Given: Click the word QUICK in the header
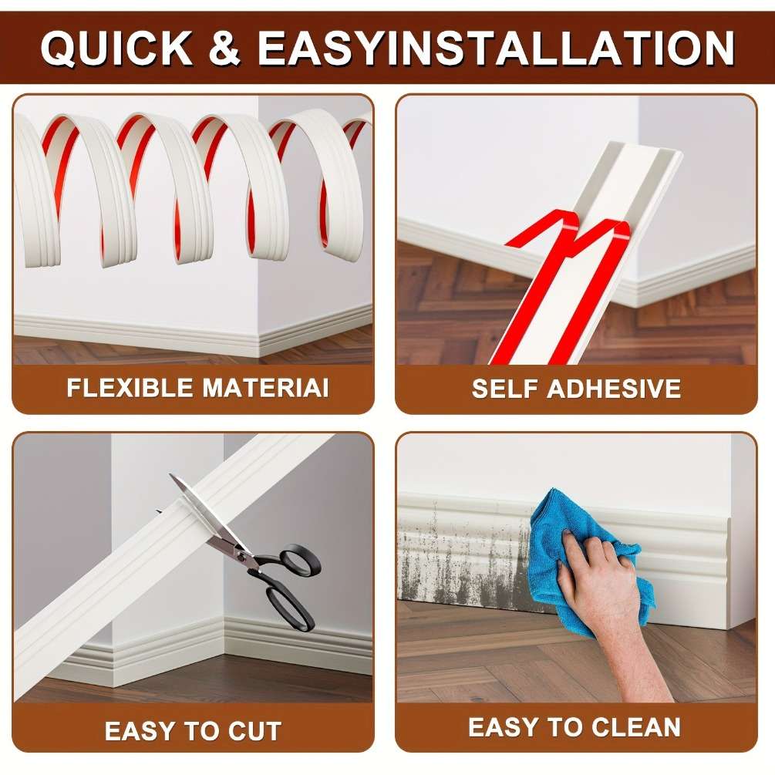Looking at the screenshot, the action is point(117,48).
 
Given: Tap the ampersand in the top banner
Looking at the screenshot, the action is point(224,48).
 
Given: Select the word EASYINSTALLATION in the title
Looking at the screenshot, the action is point(496,48).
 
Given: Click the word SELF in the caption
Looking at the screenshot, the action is point(505,389).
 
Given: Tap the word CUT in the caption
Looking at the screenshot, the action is point(254,731).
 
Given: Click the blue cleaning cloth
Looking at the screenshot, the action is point(583,554).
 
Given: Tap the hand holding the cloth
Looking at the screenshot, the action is point(613,608).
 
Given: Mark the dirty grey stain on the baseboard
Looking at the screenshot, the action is point(464,554).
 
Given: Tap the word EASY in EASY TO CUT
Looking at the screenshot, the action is point(140,731).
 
